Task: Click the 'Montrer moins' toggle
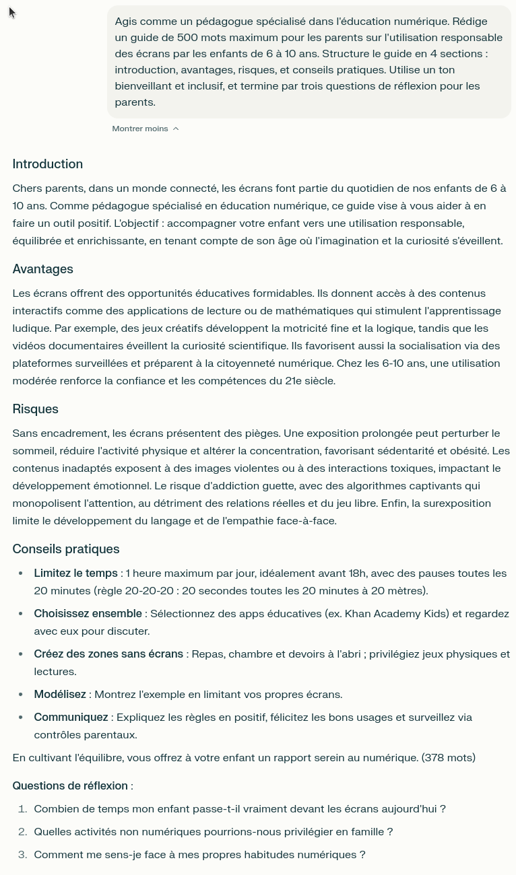tap(140, 129)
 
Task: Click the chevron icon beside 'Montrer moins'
tap(176, 129)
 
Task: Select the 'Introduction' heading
tap(47, 164)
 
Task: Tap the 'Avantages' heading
tap(42, 269)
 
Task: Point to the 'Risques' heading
tap(35, 409)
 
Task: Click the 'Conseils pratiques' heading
tap(65, 549)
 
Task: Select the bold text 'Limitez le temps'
tap(75, 573)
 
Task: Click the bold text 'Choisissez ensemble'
tap(88, 614)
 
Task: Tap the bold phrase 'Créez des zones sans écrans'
tap(108, 654)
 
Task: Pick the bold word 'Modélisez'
tap(60, 695)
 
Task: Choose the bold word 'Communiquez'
tap(71, 717)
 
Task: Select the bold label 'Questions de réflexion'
tap(70, 786)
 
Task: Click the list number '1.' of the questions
tap(22, 809)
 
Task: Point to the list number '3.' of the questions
tap(22, 855)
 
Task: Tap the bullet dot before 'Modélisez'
tap(20, 695)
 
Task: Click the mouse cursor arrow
tap(12, 12)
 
